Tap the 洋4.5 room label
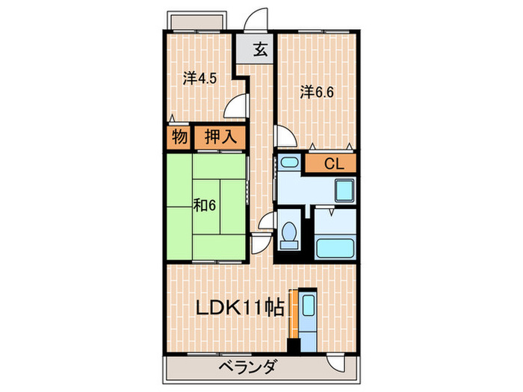(x=199, y=77)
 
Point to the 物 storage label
(x=179, y=137)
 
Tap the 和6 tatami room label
(x=204, y=205)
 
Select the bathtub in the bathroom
(x=334, y=247)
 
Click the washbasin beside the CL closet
(x=289, y=163)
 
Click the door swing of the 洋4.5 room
(x=238, y=105)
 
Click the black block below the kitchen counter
(x=295, y=346)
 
